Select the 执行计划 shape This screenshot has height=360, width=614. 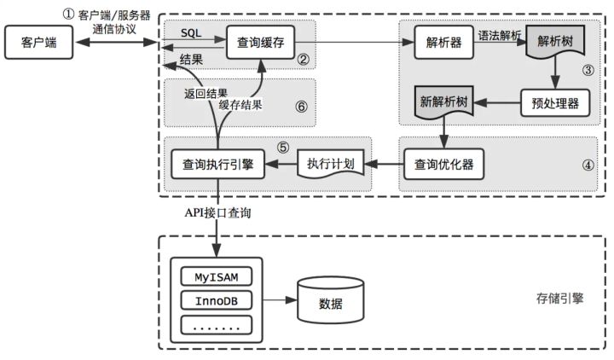point(330,162)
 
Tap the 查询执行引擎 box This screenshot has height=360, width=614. point(218,162)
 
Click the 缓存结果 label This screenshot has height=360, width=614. point(239,107)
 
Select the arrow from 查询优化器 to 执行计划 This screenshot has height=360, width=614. point(384,162)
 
